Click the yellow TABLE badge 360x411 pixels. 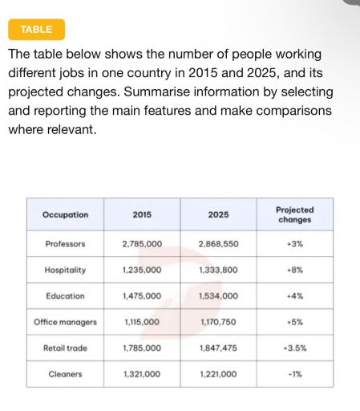[x=36, y=30]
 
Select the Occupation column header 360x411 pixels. [x=65, y=214]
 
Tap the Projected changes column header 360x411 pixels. [x=294, y=214]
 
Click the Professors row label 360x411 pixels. [x=65, y=243]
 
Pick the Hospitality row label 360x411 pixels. [x=65, y=271]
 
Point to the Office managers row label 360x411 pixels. [x=65, y=322]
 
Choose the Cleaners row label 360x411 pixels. [x=65, y=374]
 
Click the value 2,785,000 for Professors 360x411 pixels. [x=142, y=243]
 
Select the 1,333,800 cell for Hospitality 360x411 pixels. [x=217, y=271]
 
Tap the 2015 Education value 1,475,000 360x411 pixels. [x=142, y=296]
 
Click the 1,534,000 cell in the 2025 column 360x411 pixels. [x=217, y=296]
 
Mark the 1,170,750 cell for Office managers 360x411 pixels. [x=217, y=322]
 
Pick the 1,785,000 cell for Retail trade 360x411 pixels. [x=142, y=348]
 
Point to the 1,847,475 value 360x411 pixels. [x=217, y=348]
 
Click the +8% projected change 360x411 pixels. [x=294, y=271]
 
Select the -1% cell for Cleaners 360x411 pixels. [x=294, y=374]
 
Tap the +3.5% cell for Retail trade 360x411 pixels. [x=294, y=348]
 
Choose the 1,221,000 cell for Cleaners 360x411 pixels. [x=217, y=374]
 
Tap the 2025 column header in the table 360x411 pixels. [x=217, y=214]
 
